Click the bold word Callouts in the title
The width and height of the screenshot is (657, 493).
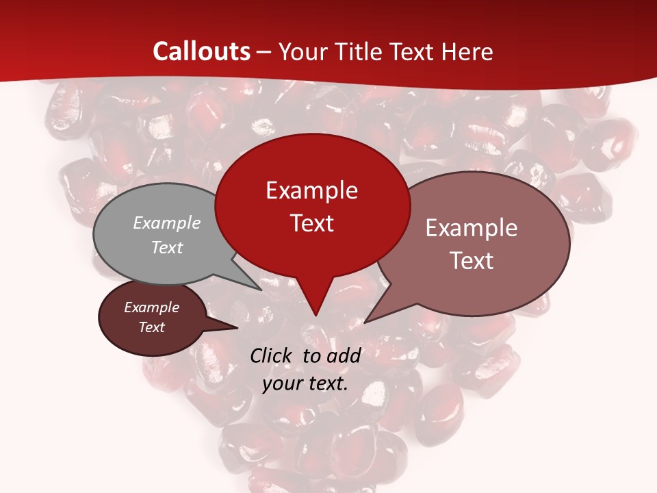tap(201, 51)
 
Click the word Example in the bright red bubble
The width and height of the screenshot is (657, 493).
tap(311, 190)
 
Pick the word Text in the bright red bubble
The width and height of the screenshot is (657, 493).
tap(311, 223)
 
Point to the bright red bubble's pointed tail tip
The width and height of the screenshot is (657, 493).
tap(315, 316)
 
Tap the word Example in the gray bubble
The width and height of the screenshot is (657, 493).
tap(167, 223)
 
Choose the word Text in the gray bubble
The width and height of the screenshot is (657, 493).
tap(167, 247)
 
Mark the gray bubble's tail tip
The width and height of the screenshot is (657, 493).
tap(261, 290)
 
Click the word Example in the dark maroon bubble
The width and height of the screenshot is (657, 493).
tap(151, 307)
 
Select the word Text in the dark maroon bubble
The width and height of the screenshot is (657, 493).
tap(151, 327)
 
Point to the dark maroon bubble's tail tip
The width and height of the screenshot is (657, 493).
tap(237, 328)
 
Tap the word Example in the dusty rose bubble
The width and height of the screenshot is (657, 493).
tap(472, 228)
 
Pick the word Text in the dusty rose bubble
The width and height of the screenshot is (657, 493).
tap(472, 260)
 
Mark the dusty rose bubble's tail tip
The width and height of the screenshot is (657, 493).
tap(365, 322)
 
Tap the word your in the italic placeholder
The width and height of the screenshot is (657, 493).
tap(281, 383)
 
